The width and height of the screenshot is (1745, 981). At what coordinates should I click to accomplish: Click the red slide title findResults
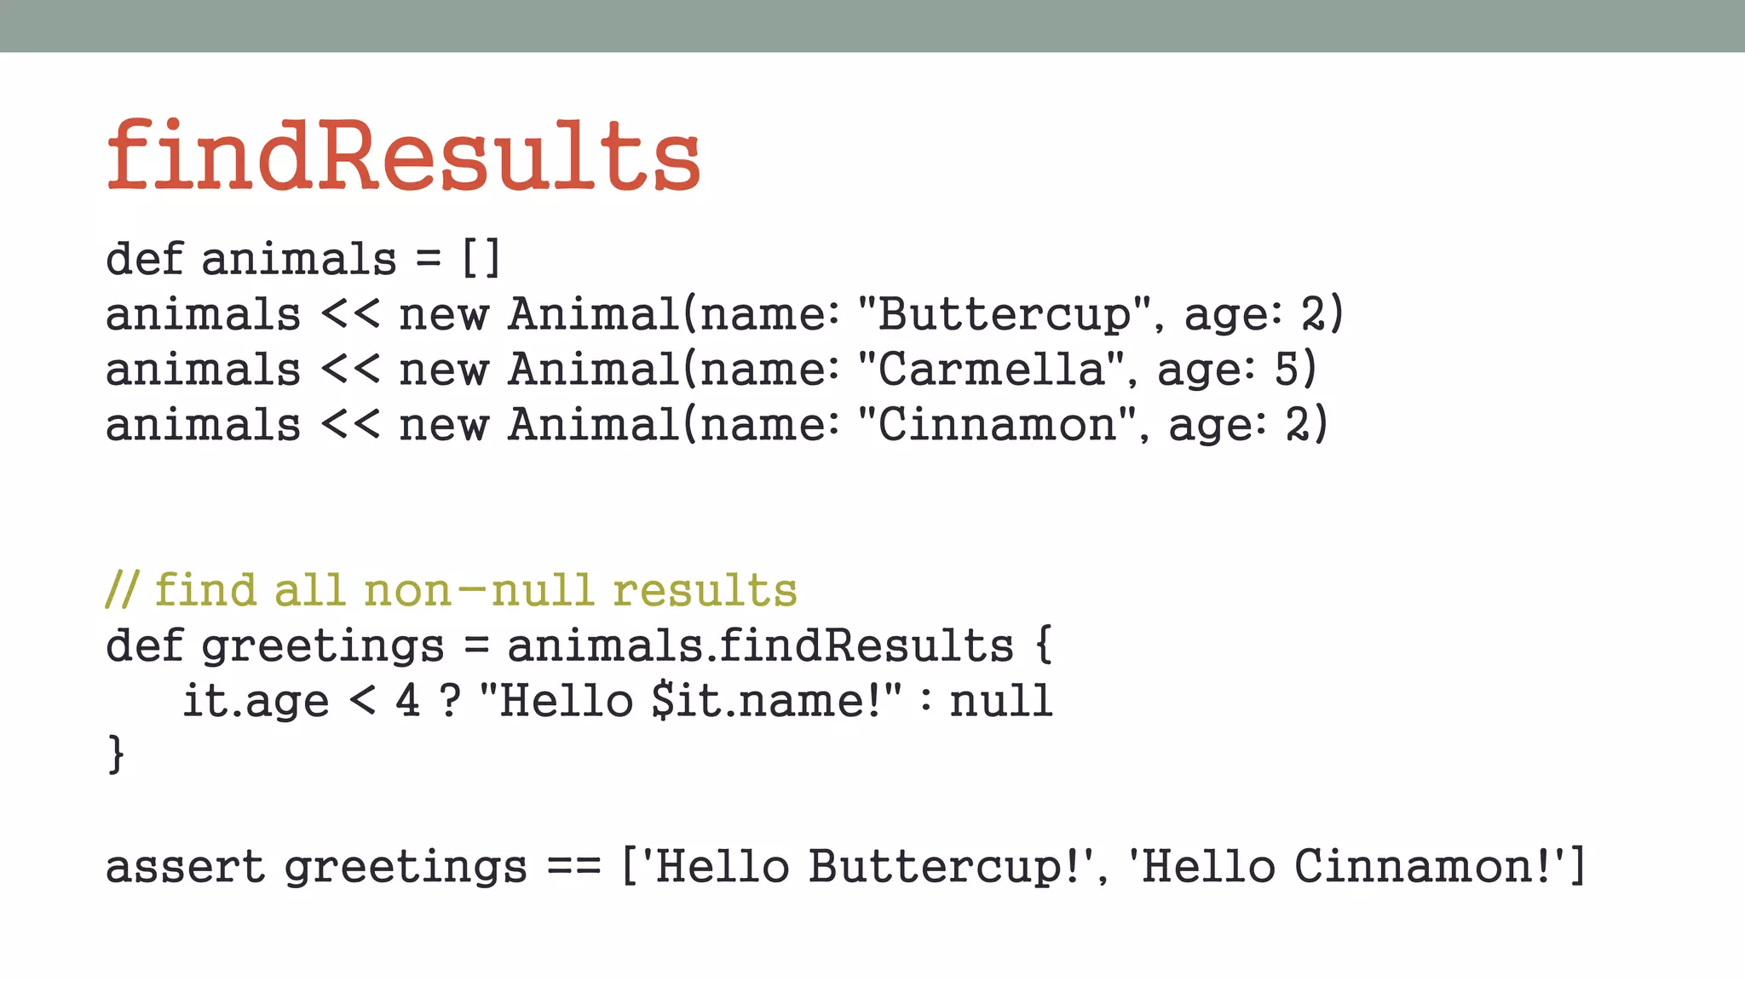403,155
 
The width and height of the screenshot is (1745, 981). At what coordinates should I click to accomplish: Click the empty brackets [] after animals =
481,258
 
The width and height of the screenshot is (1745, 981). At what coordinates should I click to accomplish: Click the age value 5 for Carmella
1286,369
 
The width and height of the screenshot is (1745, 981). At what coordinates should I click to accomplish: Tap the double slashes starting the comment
121,589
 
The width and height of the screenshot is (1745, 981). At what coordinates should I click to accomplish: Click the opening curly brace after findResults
1044,645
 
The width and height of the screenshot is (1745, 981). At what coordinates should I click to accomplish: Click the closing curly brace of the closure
116,754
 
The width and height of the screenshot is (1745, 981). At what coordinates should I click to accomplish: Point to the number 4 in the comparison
407,700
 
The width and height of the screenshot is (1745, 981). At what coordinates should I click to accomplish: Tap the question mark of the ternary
450,700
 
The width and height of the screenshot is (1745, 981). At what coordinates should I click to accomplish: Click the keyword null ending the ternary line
1001,700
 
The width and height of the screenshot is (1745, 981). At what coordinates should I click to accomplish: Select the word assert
185,866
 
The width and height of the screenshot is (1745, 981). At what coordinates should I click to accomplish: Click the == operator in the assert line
573,866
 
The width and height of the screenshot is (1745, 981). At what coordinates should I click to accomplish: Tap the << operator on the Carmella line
350,369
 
